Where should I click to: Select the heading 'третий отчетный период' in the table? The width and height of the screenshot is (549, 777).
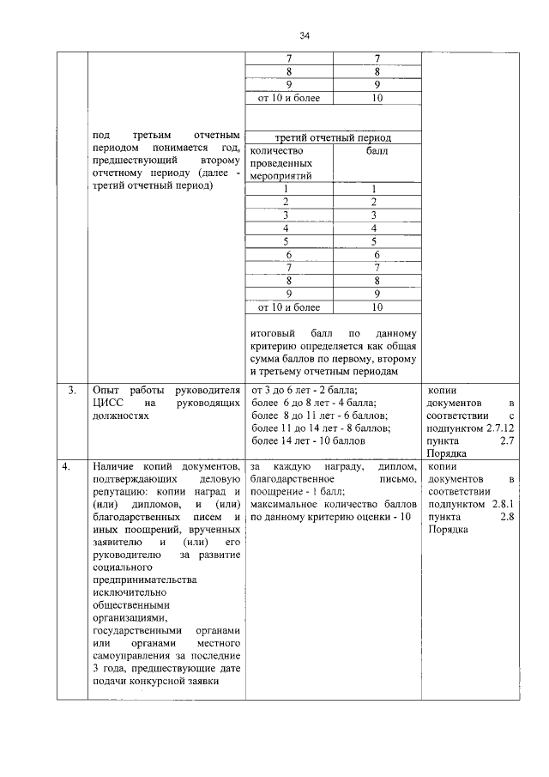[332, 138]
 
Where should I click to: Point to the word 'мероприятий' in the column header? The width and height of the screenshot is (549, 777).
[279, 175]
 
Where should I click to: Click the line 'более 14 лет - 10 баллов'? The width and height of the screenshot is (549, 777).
[307, 440]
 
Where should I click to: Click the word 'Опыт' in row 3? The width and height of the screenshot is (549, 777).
[106, 391]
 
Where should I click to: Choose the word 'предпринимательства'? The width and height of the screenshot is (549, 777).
[143, 580]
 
